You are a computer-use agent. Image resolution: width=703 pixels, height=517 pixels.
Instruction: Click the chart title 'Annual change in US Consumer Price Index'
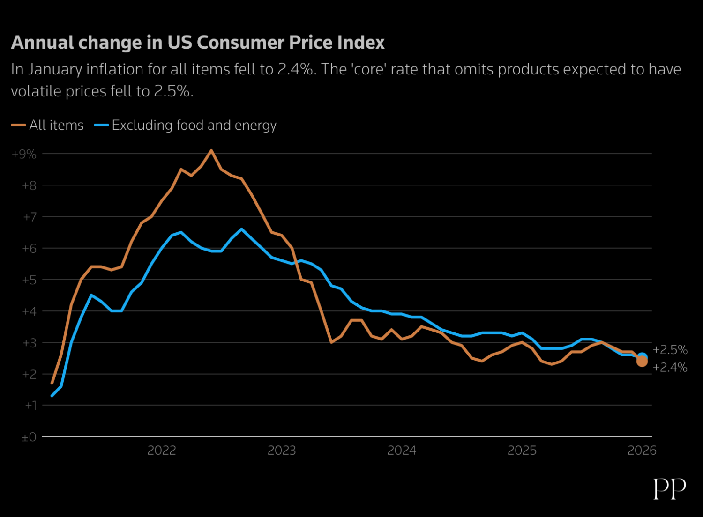click(x=197, y=43)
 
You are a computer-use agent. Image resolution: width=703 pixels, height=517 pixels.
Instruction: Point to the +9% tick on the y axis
click(x=24, y=154)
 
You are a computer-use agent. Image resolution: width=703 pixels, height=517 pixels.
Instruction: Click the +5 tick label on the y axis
click(x=29, y=280)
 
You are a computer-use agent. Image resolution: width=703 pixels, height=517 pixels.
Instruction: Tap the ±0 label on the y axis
click(x=29, y=437)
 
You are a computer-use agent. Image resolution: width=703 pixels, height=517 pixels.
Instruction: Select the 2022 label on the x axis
click(x=162, y=451)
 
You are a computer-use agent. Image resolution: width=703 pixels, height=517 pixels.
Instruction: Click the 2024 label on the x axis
click(x=402, y=451)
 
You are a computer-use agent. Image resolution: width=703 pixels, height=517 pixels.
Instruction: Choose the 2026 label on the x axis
click(x=642, y=451)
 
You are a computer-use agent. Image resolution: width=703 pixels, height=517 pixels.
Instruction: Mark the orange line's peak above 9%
click(x=211, y=150)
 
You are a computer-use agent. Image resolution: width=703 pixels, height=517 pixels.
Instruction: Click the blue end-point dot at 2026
click(x=643, y=357)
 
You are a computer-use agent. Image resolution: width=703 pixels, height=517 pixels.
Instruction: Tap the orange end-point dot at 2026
click(x=642, y=362)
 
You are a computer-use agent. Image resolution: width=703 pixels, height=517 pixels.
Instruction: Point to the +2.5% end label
click(x=670, y=350)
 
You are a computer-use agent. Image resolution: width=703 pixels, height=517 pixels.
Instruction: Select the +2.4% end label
click(x=670, y=368)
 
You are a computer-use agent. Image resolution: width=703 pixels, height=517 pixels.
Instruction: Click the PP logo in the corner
click(x=670, y=489)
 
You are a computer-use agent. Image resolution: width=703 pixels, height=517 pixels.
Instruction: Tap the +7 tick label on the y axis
click(x=29, y=217)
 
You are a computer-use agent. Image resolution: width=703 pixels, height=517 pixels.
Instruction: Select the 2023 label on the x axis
click(x=282, y=451)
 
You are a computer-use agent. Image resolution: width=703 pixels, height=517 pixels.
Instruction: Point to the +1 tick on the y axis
click(x=30, y=406)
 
